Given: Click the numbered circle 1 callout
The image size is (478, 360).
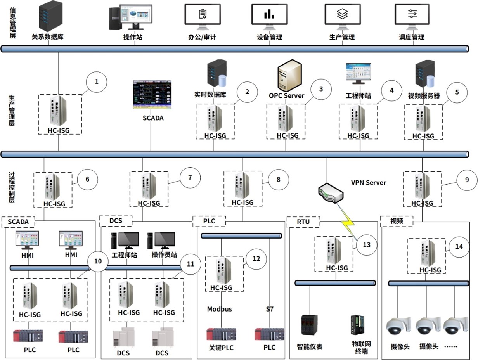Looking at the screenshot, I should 97,82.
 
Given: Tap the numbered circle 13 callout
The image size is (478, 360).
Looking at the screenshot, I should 367,245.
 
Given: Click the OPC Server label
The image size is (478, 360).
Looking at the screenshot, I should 287,95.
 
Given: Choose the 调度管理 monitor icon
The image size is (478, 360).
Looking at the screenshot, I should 412,16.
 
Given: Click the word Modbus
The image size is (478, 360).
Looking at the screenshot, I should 219,309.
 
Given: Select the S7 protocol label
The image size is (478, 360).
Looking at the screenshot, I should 270,309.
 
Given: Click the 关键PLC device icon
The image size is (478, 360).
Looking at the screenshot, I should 221,334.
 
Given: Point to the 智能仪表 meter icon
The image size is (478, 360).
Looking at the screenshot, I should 309,325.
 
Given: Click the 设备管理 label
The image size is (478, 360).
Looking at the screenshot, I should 269,37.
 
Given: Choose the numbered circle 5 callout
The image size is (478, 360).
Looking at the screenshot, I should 457,92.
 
